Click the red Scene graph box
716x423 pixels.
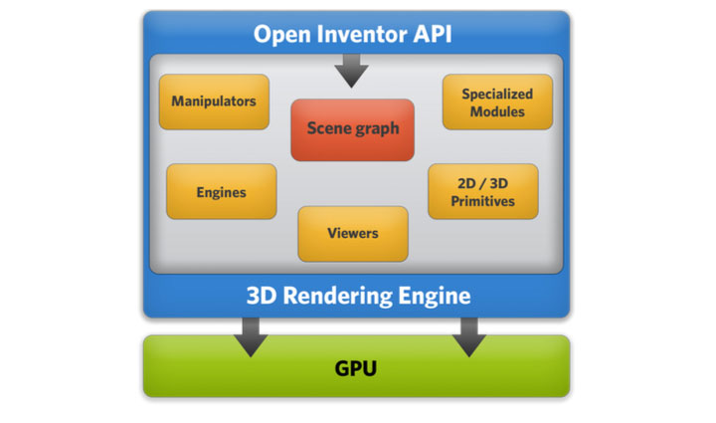coord(352,129)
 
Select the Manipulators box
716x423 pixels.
coord(214,102)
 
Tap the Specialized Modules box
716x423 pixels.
coord(497,103)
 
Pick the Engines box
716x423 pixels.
coord(221,192)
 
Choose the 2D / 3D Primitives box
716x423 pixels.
coord(483,192)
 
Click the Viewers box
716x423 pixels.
coord(352,234)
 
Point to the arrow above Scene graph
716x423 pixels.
coord(351,71)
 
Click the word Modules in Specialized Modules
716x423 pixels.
coord(497,111)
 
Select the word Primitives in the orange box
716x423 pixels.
coord(483,201)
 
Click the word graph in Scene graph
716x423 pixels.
coord(379,129)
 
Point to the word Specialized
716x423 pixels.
coord(497,94)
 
